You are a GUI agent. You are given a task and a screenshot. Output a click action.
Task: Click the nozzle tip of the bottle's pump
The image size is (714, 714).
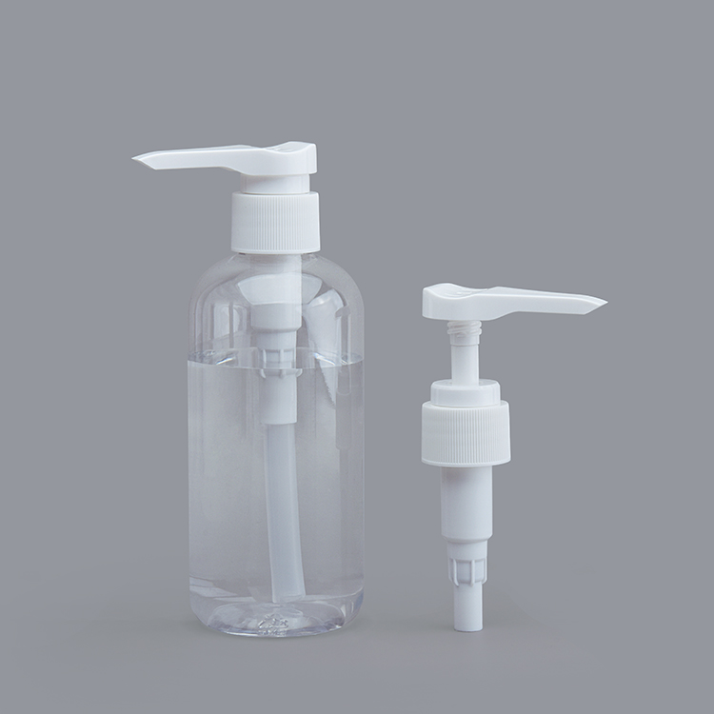tap(139, 157)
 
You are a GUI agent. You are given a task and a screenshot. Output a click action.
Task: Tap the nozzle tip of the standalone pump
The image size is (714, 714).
tap(602, 305)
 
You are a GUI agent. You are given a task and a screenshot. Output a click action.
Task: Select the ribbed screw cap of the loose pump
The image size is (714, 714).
tap(466, 433)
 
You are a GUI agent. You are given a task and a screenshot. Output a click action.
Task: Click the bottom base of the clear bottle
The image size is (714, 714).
tap(276, 624)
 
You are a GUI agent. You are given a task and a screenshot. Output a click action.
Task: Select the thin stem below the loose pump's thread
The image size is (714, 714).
tap(465, 360)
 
